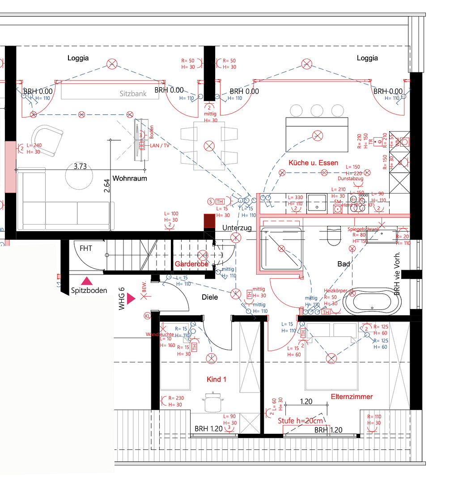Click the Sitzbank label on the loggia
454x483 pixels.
133,94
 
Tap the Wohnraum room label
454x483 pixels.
130,178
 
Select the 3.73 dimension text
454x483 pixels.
80,166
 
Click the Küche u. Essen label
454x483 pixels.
313,162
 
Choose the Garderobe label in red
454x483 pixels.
191,264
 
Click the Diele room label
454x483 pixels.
210,297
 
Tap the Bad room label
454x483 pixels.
344,264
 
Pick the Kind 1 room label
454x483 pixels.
216,379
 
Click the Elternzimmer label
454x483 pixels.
352,396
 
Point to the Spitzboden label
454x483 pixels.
89,290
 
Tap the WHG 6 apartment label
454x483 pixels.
122,299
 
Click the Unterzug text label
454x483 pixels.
237,228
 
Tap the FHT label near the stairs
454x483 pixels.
86,248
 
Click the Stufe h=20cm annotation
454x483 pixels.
300,421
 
